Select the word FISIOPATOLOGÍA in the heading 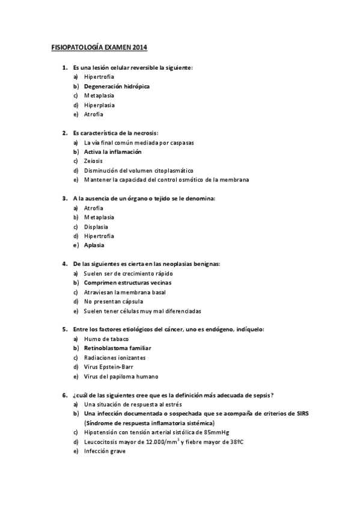(x=76, y=47)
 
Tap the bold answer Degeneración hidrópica (x=117, y=86)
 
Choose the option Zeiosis (x=93, y=161)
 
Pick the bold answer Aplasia (x=94, y=245)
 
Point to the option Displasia (x=96, y=226)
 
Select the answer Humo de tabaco (x=106, y=339)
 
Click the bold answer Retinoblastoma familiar (x=117, y=348)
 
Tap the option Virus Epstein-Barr (x=112, y=367)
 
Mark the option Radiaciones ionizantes (x=115, y=357)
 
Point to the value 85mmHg (x=208, y=432)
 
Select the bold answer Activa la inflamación (x=113, y=152)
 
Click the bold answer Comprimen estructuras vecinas (x=127, y=283)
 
